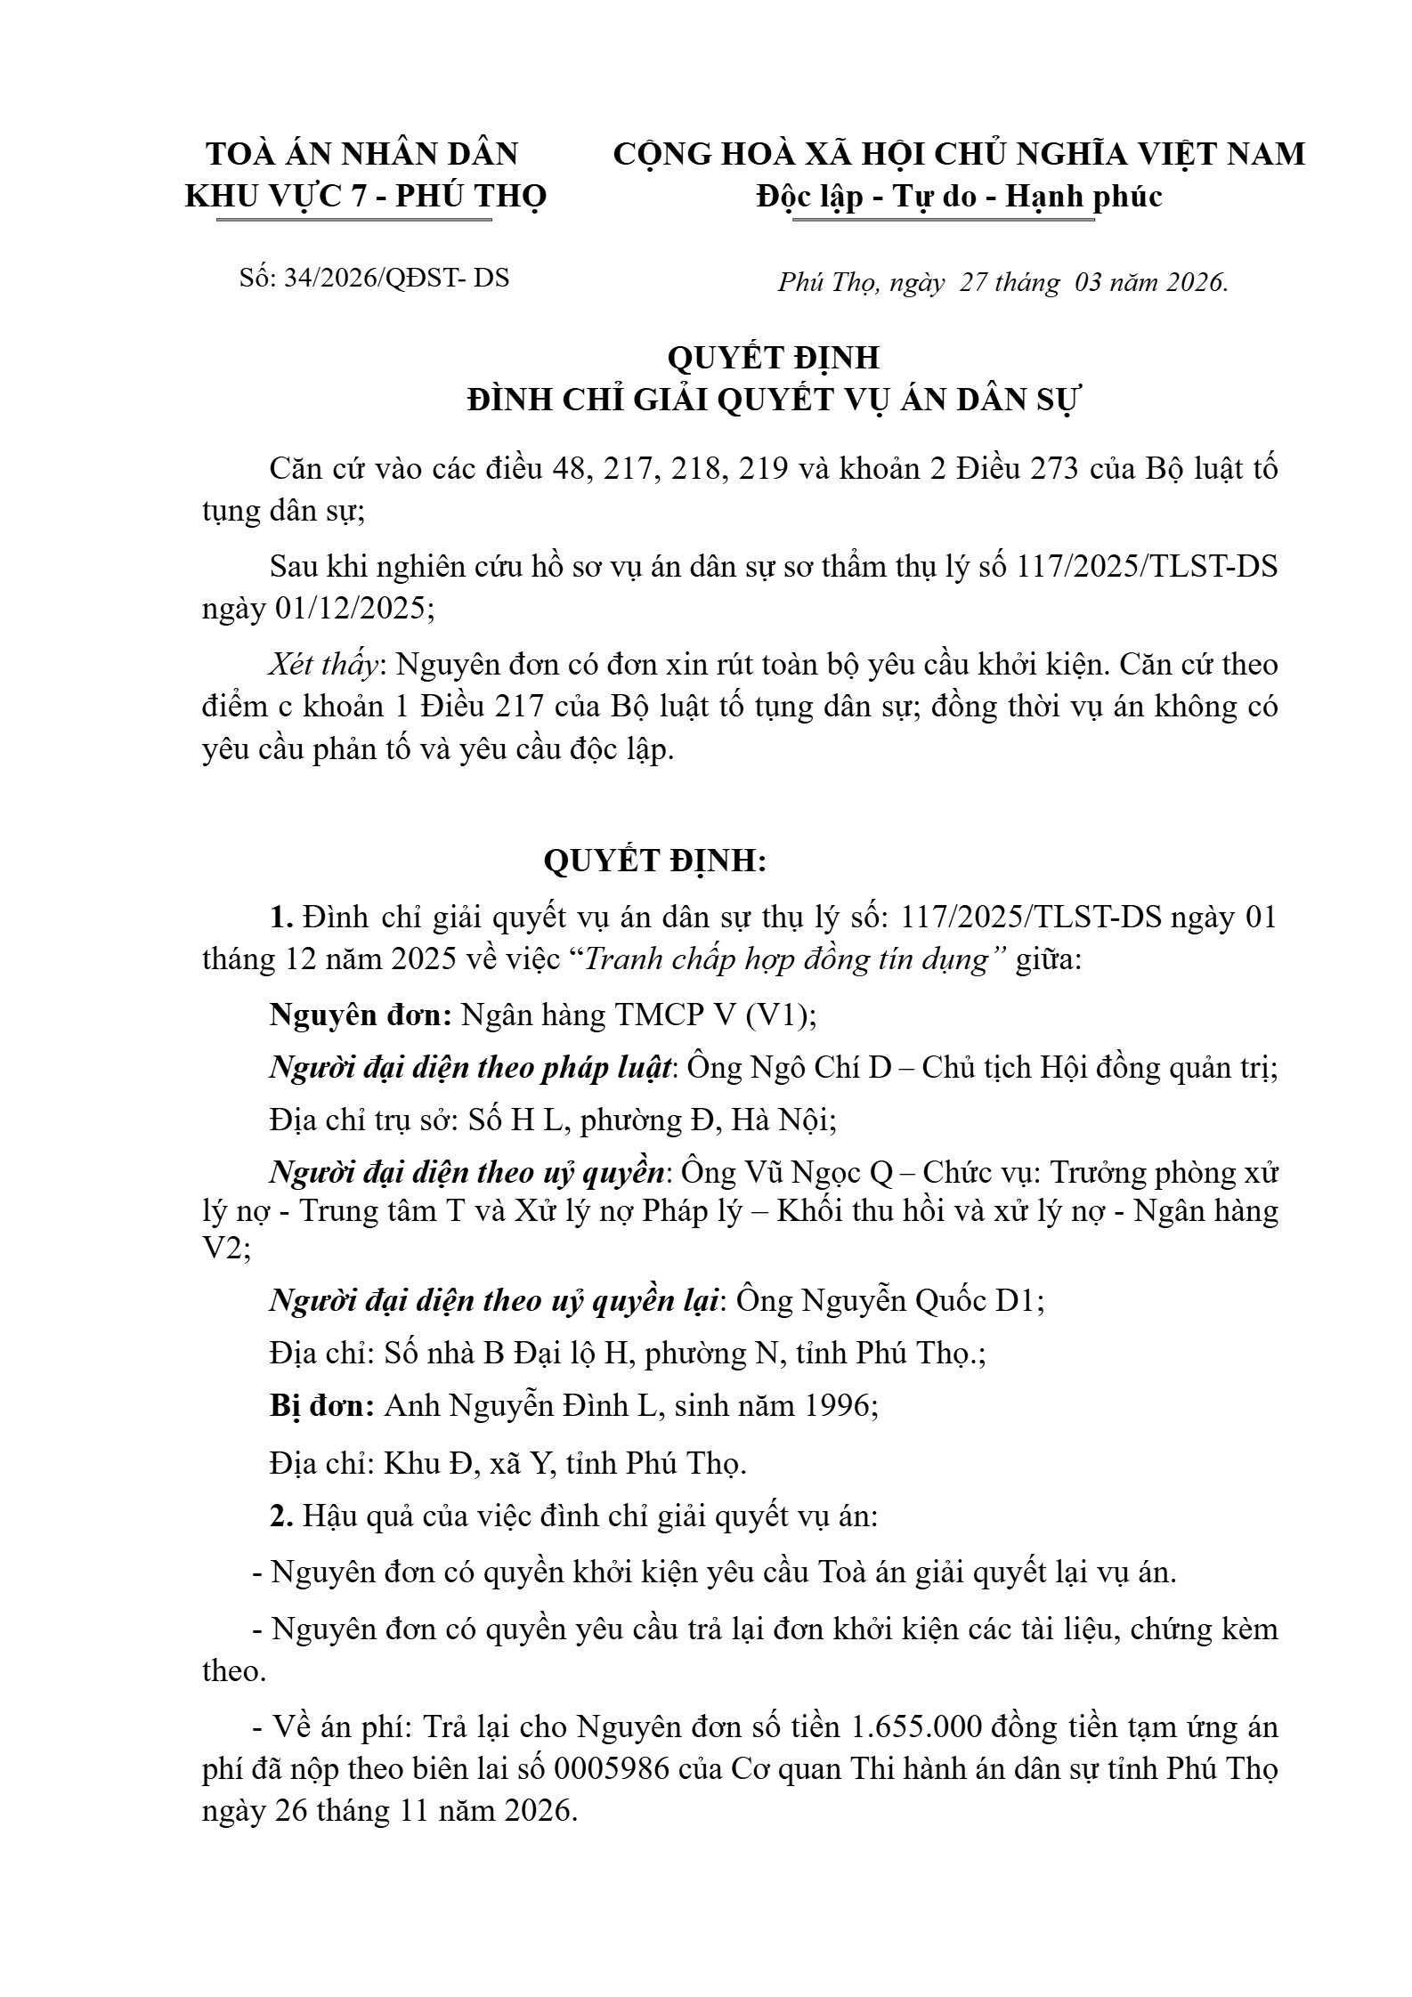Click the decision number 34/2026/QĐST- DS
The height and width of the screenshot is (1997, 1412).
point(396,279)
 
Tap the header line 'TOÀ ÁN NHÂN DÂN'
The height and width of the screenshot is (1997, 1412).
point(362,155)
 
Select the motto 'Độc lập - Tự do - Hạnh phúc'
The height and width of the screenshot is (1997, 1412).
point(959,197)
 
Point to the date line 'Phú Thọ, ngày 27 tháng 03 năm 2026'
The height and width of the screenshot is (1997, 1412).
point(1002,283)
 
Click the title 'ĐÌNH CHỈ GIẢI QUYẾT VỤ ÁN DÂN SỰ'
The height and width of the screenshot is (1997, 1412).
point(773,401)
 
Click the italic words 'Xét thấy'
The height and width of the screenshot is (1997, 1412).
point(326,664)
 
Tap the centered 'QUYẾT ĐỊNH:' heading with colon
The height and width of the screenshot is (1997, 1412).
point(654,861)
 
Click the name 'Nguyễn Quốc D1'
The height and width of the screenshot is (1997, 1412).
point(921,1301)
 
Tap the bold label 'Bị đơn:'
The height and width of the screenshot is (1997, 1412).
point(322,1406)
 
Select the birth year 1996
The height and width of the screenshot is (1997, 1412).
point(838,1406)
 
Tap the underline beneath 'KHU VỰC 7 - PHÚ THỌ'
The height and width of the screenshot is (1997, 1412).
point(353,219)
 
